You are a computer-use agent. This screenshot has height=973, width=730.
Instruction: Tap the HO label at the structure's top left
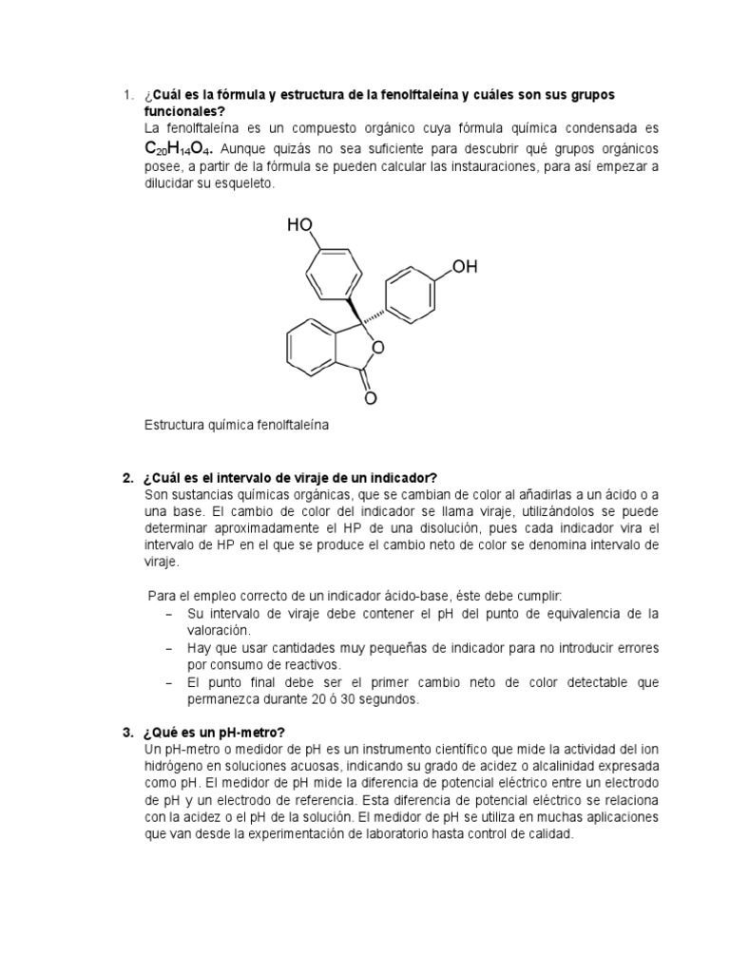[x=300, y=225]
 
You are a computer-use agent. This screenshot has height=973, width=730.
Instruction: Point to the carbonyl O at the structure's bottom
[x=371, y=398]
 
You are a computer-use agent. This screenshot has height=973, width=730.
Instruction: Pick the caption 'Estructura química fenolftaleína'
[x=237, y=426]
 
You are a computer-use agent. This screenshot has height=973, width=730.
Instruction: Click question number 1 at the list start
[x=127, y=95]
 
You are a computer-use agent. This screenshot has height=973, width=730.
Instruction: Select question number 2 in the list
[x=127, y=476]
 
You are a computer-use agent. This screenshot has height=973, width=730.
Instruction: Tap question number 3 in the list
[x=127, y=731]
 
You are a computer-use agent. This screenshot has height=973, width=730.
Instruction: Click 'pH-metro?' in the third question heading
[x=250, y=731]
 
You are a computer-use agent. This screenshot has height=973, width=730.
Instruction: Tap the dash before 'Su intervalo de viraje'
[x=167, y=614]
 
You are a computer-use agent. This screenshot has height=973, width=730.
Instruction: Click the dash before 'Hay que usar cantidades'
[x=167, y=648]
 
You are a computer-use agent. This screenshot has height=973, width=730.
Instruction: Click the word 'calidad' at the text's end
[x=551, y=834]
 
